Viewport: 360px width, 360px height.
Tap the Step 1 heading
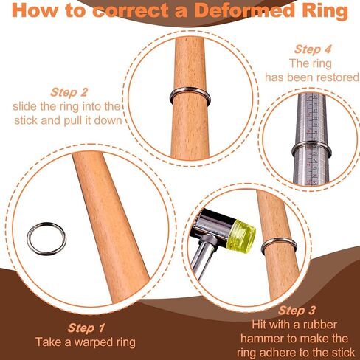[86, 328]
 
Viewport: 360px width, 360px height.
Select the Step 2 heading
[69, 93]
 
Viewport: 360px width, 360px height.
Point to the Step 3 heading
[297, 311]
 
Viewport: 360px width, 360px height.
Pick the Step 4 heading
[313, 49]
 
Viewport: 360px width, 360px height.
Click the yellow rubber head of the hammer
[240, 236]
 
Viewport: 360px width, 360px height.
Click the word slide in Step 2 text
[25, 107]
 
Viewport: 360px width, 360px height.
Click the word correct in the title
[131, 10]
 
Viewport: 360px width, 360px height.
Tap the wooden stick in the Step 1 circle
[111, 226]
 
